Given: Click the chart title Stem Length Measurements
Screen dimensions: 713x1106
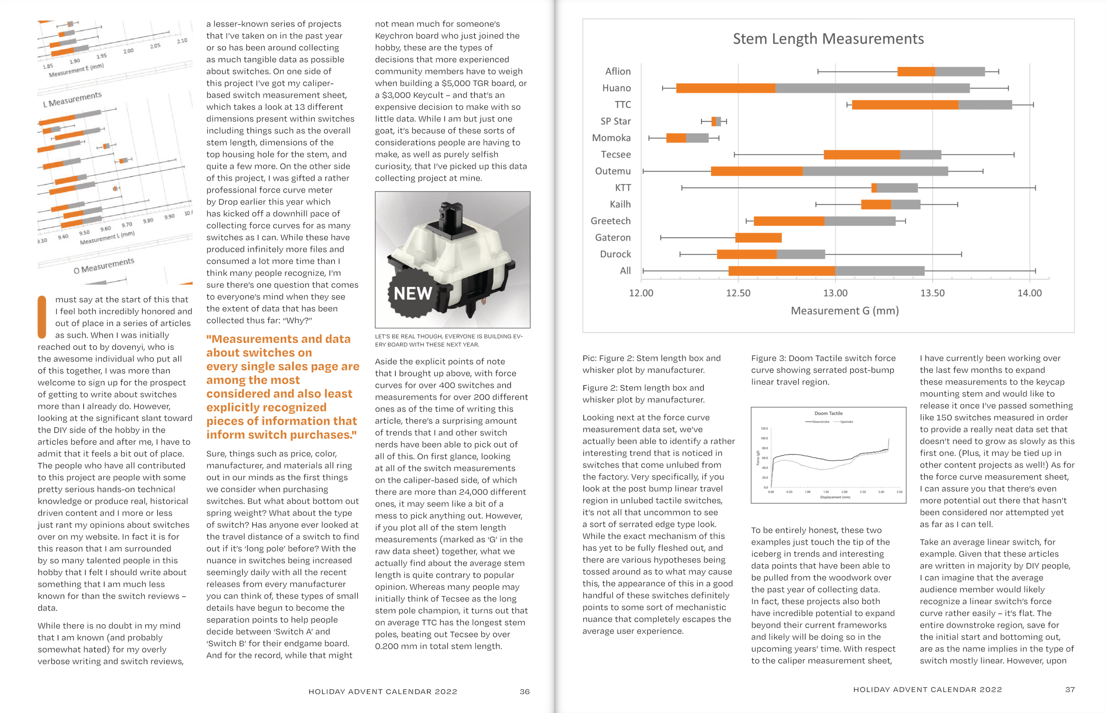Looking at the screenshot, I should pos(828,39).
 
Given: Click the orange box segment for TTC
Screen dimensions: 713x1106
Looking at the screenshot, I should pos(905,105).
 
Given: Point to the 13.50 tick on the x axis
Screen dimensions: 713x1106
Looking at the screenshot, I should pos(932,293).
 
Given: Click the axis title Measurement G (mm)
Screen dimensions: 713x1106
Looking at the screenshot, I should pos(845,311).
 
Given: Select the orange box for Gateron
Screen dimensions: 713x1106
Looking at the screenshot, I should pos(758,238).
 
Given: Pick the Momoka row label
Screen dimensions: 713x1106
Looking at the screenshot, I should pos(611,138).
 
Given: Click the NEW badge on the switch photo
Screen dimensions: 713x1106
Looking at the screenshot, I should pos(412,293).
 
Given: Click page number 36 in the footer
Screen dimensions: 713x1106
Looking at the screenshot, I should pos(524,692).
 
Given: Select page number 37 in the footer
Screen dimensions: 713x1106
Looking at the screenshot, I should pos(1069,690).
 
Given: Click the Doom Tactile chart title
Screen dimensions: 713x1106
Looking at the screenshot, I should pos(828,413).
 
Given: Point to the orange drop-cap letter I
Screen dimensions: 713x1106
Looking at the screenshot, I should pos(42,317).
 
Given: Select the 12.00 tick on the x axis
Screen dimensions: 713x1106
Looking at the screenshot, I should pos(641,293).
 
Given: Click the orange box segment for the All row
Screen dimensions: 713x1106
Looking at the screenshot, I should pos(781,271).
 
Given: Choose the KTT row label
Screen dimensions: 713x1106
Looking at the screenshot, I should pos(622,188).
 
